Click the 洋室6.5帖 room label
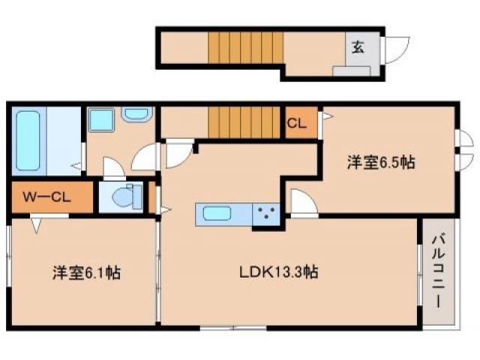pyautogui.click(x=381, y=161)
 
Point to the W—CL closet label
pyautogui.click(x=46, y=198)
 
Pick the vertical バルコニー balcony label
pyautogui.click(x=438, y=271)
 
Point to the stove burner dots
pyautogui.click(x=265, y=214)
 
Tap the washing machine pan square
pyautogui.click(x=99, y=120)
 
